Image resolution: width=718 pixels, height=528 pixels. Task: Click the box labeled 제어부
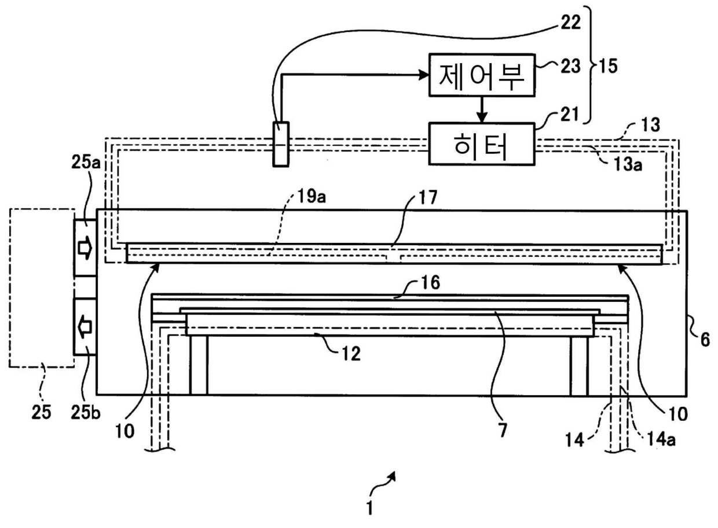tap(482, 75)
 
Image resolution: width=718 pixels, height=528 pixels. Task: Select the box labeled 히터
tap(482, 144)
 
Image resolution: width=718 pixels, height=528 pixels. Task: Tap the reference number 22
tap(570, 23)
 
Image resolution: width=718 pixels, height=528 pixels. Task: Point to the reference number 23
tap(570, 67)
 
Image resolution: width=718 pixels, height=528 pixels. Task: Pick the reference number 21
tap(569, 115)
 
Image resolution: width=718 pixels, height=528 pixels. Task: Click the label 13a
tap(628, 165)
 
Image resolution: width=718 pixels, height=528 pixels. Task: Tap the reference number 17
tap(428, 198)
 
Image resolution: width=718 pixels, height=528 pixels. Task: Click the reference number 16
tap(430, 283)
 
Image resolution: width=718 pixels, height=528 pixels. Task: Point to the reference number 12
tap(351, 354)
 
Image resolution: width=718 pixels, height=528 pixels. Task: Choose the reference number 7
tap(502, 430)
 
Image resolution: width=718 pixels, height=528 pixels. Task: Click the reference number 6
tap(705, 340)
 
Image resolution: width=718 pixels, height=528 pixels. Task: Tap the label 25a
tap(86, 162)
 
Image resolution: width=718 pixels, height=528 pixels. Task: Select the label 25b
tap(86, 413)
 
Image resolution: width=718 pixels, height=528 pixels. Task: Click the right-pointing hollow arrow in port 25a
tap(85, 247)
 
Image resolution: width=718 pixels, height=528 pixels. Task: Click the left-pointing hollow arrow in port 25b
tap(85, 327)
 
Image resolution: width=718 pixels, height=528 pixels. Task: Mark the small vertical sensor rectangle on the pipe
tap(281, 144)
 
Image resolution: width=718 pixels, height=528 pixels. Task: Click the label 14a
tap(661, 439)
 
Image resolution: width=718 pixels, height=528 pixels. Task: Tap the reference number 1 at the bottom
tap(369, 509)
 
